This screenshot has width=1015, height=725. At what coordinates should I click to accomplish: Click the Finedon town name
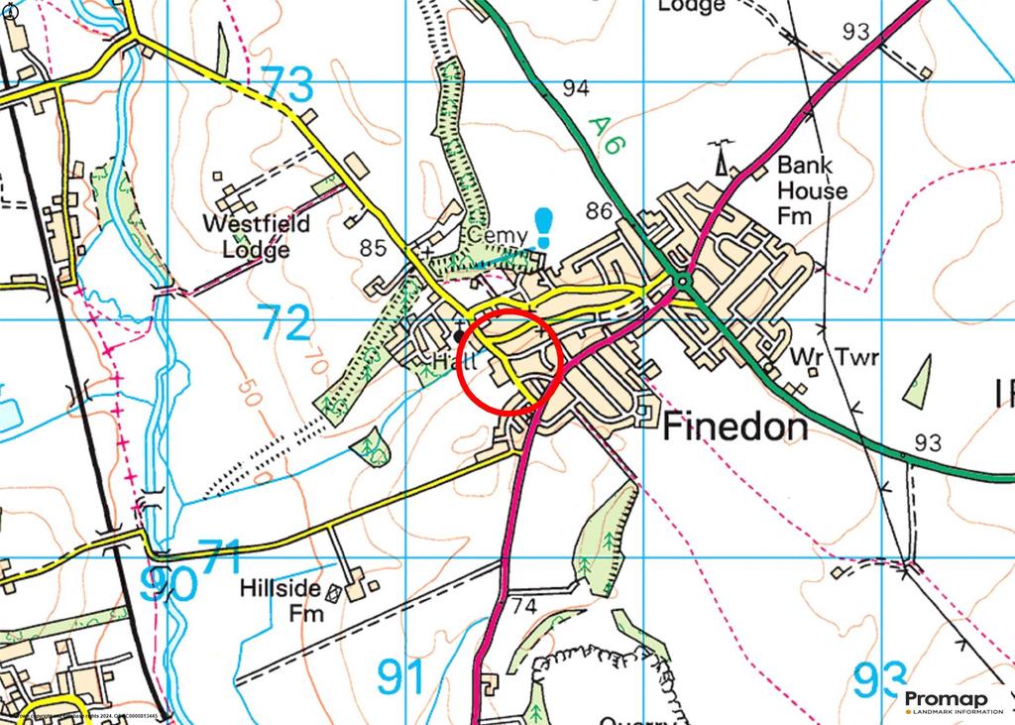coord(734,426)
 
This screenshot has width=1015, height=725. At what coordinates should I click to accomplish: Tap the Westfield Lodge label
coord(257,236)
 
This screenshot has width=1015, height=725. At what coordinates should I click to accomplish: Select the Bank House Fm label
coord(812,189)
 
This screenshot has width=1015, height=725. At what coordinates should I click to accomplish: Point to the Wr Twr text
coord(835,358)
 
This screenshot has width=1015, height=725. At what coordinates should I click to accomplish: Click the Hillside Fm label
coord(281,600)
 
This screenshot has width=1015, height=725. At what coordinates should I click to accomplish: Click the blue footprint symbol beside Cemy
coord(544,227)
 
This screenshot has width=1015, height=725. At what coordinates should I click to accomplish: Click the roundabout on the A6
coord(682,284)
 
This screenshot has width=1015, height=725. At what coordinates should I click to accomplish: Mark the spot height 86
coord(599,210)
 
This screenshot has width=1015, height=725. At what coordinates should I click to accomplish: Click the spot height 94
coord(575,88)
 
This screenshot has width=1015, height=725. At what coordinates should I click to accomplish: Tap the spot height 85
coord(373,247)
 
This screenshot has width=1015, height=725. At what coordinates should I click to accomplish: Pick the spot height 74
coord(523,604)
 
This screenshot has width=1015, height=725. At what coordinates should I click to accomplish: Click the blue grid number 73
coord(287,84)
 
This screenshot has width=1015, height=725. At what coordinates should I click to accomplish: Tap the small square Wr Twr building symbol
coord(811,372)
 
